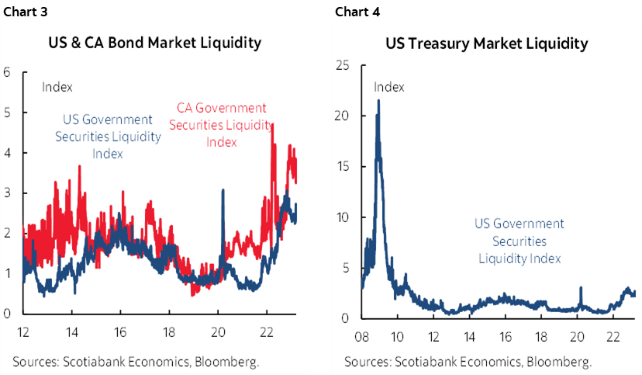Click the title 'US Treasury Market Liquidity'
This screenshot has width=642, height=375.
click(486, 43)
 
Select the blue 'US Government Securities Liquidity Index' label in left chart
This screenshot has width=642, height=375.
click(107, 137)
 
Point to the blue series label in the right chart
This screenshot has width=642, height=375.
click(519, 241)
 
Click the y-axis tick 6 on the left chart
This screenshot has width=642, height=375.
click(6, 72)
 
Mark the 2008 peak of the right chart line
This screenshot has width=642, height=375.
click(378, 100)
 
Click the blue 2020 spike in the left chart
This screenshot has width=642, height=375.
click(223, 190)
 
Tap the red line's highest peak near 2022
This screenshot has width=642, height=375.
click(272, 124)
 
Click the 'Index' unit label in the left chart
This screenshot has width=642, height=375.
click(57, 87)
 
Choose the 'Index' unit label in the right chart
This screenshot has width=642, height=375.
click(389, 86)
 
